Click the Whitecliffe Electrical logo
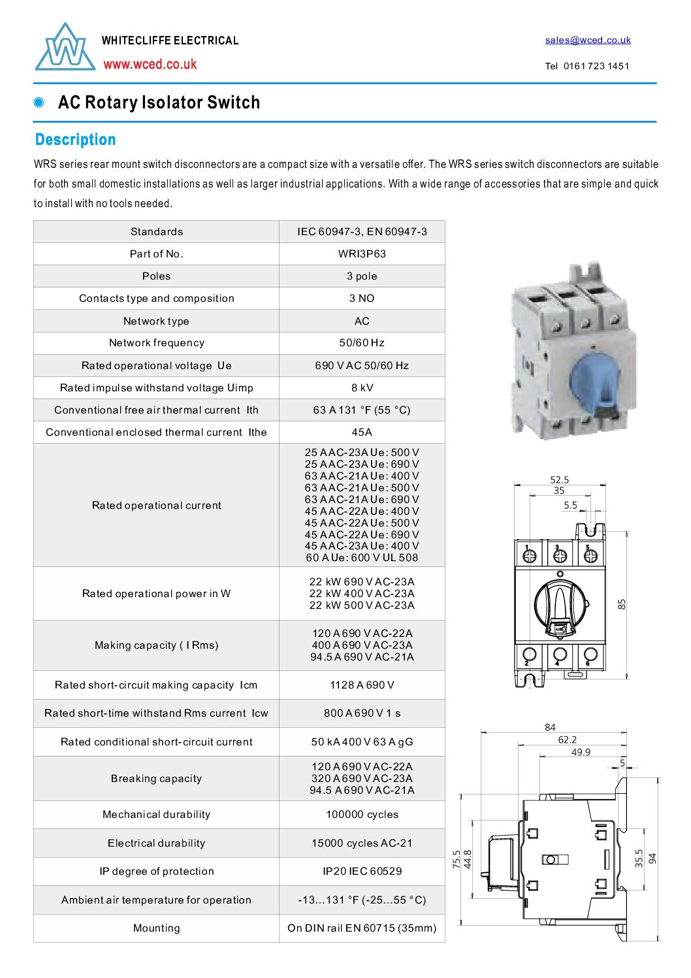65,48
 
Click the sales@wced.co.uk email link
588,40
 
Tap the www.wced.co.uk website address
150,64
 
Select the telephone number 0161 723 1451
596,66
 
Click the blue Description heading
75,140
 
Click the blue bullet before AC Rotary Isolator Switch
39,103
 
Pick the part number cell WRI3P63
362,254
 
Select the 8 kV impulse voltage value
362,387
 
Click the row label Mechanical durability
156,815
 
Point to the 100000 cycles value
362,815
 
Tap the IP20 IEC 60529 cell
362,872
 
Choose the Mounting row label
156,928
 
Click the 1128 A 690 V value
362,685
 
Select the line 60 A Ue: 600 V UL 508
362,558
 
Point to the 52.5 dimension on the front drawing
559,480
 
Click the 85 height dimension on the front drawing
622,604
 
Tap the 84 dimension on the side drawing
550,727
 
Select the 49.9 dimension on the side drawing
581,752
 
